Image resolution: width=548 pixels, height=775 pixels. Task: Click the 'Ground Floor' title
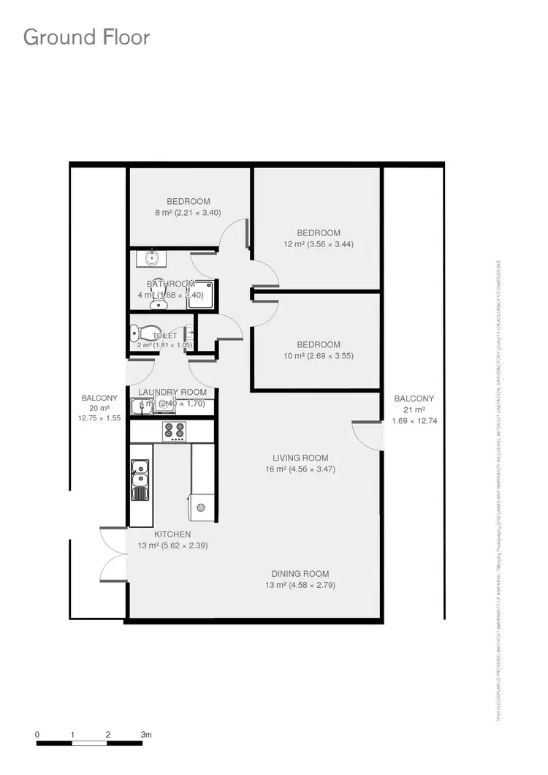tap(87, 37)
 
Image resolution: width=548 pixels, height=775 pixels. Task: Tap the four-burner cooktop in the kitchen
tap(174, 431)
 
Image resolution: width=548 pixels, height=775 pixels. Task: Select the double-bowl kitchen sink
tap(140, 480)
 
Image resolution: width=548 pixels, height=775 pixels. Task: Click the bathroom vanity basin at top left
tap(152, 258)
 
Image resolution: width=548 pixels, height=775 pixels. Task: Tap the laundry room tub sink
tap(143, 407)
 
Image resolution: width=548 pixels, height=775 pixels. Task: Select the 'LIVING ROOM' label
tap(300, 458)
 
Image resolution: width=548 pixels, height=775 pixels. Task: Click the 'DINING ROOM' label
tap(300, 574)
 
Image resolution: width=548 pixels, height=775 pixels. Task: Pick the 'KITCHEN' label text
tap(172, 534)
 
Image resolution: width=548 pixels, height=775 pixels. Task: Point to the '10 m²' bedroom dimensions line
tap(319, 356)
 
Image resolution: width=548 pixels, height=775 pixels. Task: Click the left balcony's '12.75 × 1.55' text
tap(99, 418)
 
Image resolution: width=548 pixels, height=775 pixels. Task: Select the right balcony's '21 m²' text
tap(414, 409)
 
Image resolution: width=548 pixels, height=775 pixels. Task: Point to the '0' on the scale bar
tap(37, 734)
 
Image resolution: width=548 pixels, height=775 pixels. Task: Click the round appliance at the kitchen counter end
tap(202, 507)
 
